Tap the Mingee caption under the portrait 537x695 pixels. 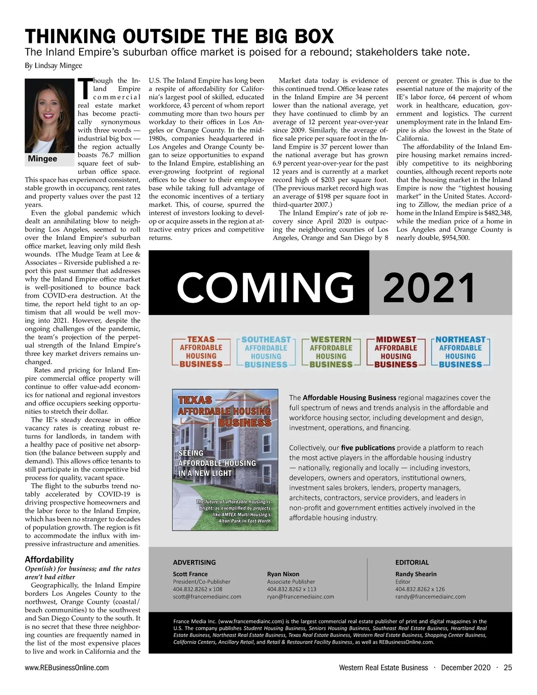[43, 159]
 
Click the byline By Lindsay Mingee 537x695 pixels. [53, 66]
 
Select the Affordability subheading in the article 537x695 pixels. [49, 560]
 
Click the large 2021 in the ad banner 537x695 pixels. [429, 288]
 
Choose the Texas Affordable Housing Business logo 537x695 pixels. [201, 352]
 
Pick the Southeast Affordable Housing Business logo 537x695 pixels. [266, 352]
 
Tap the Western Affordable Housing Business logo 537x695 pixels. [331, 352]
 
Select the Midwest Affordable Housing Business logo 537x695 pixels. [396, 352]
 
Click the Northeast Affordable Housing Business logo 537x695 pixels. [460, 352]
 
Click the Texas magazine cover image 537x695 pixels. [225, 460]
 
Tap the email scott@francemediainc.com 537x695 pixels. [207, 597]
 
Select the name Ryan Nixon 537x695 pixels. [283, 574]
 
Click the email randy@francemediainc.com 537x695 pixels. [430, 597]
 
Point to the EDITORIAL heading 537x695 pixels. [412, 562]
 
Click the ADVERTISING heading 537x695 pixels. [194, 562]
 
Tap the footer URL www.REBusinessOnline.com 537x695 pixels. [67, 668]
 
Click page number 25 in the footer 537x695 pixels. [507, 668]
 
